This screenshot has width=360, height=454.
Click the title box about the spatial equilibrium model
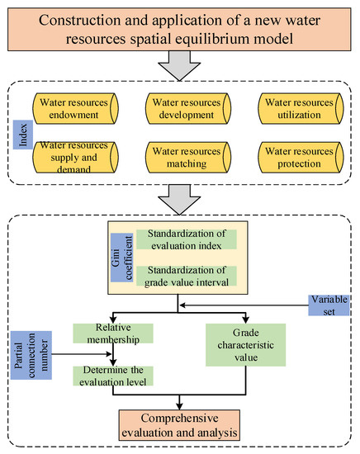(179, 30)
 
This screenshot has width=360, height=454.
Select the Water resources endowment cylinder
(76, 109)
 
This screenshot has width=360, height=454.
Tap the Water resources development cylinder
(188, 109)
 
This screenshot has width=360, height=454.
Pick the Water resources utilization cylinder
(301, 109)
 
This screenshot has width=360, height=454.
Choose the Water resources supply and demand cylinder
(76, 157)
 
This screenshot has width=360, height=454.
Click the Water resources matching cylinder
(188, 157)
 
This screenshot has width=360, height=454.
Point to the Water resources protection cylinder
(301, 157)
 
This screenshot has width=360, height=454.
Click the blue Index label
(23, 135)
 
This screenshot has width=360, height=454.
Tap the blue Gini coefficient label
(122, 258)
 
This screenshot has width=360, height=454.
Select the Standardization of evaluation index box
(187, 239)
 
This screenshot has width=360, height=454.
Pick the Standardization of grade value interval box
(187, 276)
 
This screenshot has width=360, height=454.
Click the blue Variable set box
(329, 305)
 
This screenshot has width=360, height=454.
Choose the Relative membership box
(113, 333)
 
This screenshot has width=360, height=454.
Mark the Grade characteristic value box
(245, 345)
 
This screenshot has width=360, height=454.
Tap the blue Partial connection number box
(31, 355)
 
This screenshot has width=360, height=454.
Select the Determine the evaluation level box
(113, 376)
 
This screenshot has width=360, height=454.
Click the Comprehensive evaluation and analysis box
(179, 425)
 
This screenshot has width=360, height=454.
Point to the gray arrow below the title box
(179, 66)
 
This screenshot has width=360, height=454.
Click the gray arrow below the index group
(179, 200)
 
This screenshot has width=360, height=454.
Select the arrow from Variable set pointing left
(244, 305)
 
